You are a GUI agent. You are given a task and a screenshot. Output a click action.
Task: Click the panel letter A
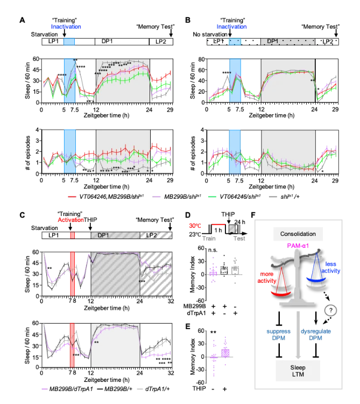click(22, 20)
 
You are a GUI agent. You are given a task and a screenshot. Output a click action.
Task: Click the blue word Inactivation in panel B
click(232, 26)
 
